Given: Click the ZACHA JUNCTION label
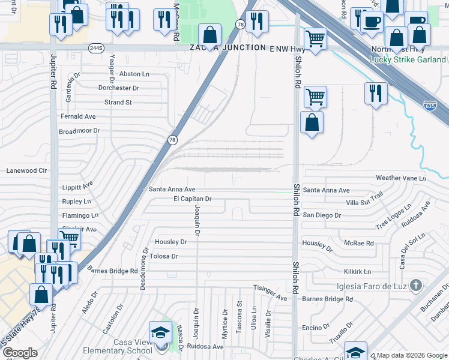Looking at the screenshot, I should point(228,47).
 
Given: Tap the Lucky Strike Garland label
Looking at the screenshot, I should point(408,59).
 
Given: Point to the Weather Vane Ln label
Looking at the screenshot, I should point(400,178).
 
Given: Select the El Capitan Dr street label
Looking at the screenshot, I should point(193,199).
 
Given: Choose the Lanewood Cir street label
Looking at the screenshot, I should point(26,170).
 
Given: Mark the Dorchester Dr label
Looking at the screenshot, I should point(119,88).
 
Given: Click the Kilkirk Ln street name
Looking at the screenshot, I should point(358,272).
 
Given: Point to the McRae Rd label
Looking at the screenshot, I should point(359,244).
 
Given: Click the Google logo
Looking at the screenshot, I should point(19,353).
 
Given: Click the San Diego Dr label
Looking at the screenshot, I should point(322,215).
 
